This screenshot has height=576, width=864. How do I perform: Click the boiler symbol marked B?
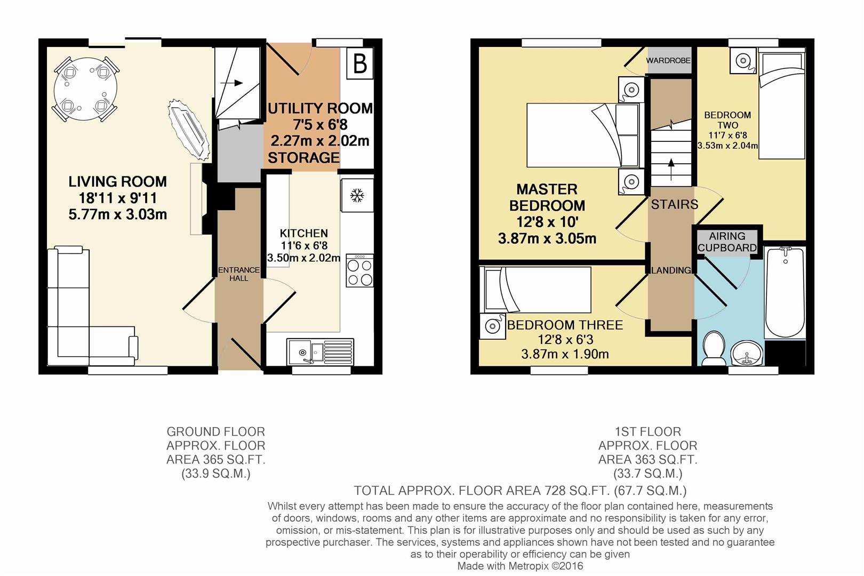[x=359, y=63]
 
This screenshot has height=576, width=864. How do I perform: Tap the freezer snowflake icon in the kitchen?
[x=357, y=195]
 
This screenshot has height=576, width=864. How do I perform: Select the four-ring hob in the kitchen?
[x=359, y=270]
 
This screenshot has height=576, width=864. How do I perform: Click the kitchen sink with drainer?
[x=320, y=351]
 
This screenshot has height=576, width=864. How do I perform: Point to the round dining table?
[x=85, y=89]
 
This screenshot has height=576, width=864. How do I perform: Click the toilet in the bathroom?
[x=714, y=348]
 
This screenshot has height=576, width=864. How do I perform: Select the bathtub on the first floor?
[x=785, y=293]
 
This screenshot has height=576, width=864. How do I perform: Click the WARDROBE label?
[x=668, y=61]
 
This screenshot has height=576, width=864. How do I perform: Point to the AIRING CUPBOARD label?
[x=727, y=242]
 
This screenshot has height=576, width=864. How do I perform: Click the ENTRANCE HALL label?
[x=239, y=274]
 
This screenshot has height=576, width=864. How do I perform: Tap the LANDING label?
[x=671, y=270]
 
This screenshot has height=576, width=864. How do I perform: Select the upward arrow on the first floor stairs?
[x=671, y=170]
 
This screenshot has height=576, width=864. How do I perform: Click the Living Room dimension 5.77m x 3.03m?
[x=118, y=214]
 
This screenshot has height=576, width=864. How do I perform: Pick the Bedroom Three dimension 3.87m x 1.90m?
[x=565, y=354]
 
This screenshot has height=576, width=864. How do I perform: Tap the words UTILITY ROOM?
[x=320, y=108]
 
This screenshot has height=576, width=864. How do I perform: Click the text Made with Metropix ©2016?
[x=520, y=566]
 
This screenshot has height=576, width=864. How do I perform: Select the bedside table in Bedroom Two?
[x=743, y=60]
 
